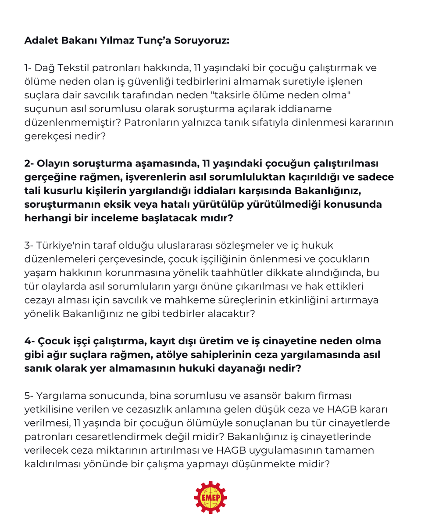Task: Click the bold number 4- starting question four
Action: point(30,341)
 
